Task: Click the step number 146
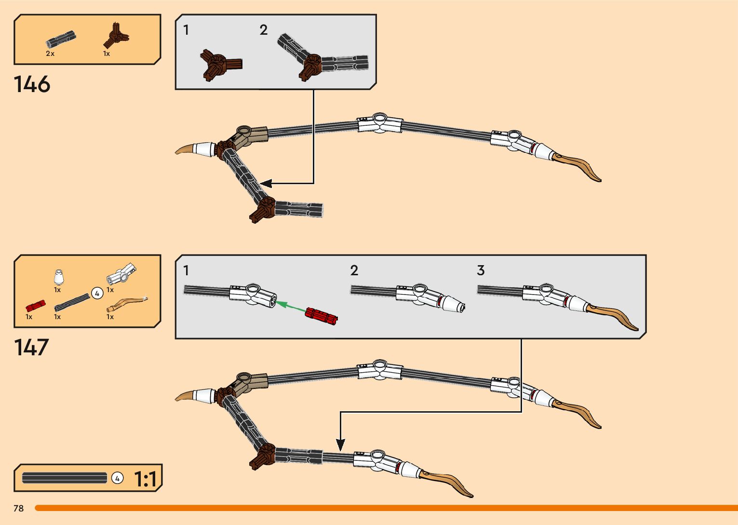click(32, 84)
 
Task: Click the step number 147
click(32, 348)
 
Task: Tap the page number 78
click(19, 509)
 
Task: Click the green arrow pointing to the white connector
click(290, 306)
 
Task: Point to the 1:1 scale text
click(145, 479)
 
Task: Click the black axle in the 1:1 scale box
click(65, 478)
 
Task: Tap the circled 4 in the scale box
click(117, 478)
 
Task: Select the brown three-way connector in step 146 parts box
click(116, 36)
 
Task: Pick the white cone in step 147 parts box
click(59, 278)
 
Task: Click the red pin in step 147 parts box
click(35, 306)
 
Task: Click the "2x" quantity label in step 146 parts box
click(50, 54)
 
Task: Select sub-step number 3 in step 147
click(481, 270)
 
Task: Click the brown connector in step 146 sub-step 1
click(219, 65)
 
